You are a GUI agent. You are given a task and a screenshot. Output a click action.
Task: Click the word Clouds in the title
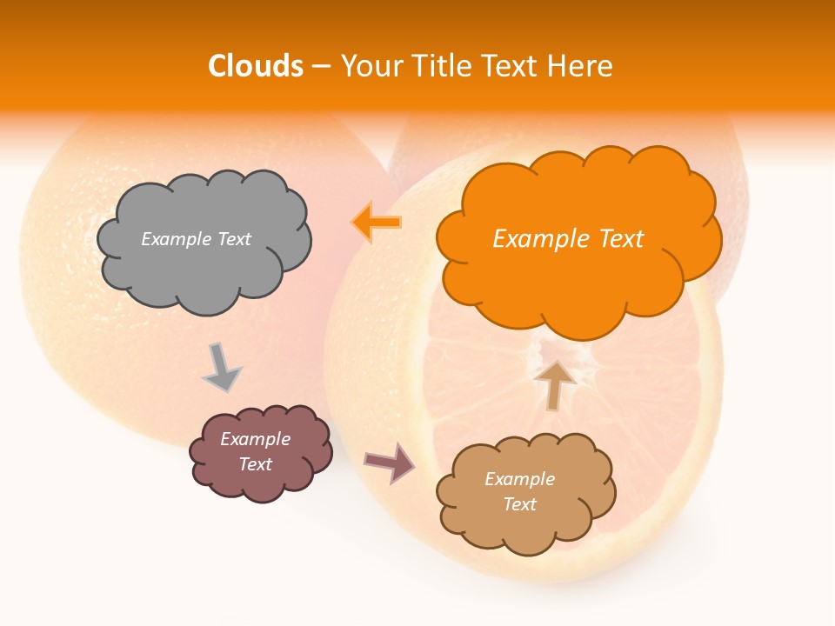[256, 66]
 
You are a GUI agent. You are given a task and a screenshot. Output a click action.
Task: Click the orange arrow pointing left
[377, 223]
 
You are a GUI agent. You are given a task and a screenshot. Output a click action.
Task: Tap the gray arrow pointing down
[222, 367]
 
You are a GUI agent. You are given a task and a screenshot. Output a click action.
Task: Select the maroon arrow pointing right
[389, 462]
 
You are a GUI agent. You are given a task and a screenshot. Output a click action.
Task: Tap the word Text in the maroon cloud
[256, 464]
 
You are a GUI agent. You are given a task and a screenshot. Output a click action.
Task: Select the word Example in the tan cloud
[519, 479]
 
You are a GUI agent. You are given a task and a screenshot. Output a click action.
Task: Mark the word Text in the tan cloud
[519, 504]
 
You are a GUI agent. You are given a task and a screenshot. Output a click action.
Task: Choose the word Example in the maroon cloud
[256, 439]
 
